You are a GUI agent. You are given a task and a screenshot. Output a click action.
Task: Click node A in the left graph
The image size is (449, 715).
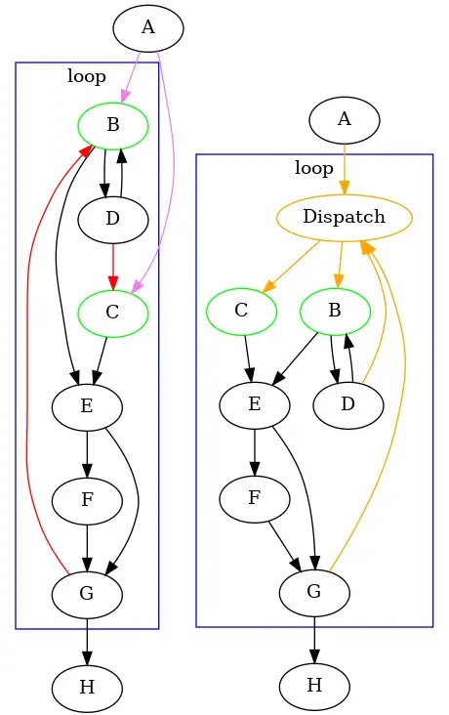pos(148,27)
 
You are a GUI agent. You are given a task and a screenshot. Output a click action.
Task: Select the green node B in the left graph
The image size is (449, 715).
pos(112,124)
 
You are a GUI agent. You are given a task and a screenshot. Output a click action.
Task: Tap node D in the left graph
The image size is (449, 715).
pos(112,218)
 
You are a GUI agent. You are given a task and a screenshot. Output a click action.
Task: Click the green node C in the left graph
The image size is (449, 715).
pos(112,313)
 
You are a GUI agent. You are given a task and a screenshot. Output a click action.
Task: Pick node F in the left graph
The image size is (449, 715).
pos(87,500)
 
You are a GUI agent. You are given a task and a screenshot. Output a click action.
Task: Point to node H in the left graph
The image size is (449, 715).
pos(87,687)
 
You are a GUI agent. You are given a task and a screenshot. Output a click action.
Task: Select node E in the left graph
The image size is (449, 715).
pos(87,406)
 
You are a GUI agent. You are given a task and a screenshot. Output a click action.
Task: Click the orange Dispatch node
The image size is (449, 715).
pos(345,217)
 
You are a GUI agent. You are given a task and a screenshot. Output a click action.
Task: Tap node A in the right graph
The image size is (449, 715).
pos(344,120)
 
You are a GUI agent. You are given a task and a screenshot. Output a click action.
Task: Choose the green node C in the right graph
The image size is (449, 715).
pos(241,312)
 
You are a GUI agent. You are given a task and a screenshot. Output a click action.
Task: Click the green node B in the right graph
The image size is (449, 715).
pos(335,312)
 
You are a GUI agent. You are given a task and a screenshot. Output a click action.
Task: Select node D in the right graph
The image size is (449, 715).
pos(347,404)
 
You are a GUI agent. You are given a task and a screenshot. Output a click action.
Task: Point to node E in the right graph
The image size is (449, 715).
pos(255,404)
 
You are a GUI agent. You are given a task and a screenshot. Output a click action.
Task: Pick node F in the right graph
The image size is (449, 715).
pos(255,498)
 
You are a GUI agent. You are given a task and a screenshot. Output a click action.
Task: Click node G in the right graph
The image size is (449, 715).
pos(314,592)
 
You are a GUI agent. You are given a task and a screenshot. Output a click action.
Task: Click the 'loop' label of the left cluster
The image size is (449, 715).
pos(87,75)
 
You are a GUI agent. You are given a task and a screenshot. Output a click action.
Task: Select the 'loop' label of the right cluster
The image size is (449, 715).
pos(314,168)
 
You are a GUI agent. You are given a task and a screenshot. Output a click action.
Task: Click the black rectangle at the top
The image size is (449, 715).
pos(321,42)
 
